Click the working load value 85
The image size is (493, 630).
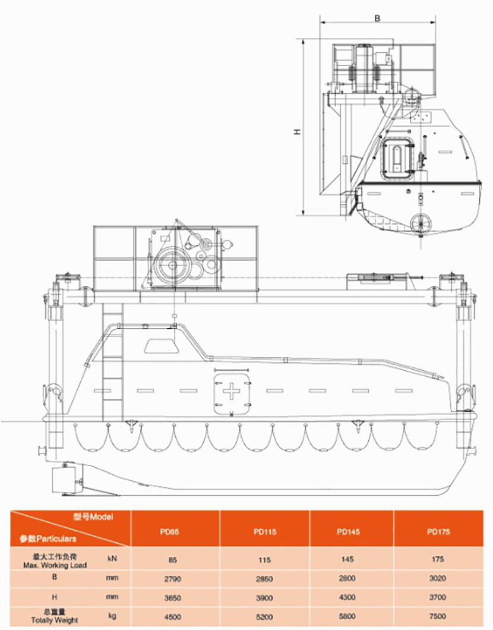click(173, 559)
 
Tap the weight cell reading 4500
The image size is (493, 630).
click(173, 617)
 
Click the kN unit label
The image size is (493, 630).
click(112, 559)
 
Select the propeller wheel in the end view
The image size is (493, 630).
click(421, 221)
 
